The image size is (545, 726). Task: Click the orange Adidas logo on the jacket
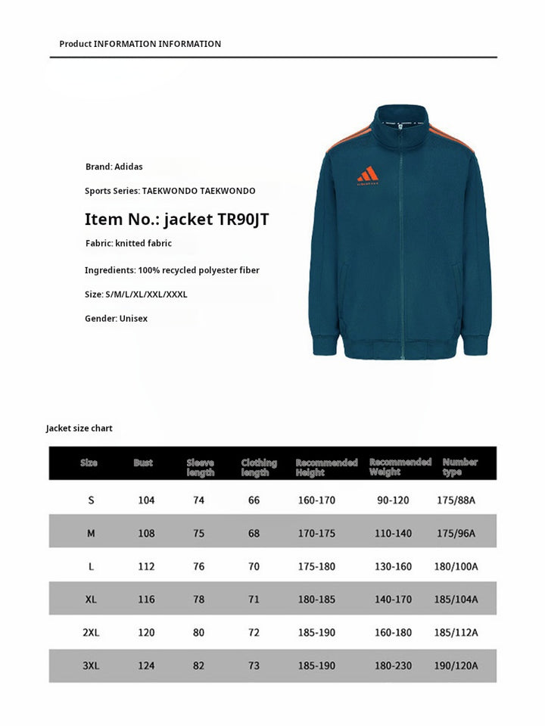[367, 174]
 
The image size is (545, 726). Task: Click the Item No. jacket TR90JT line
[176, 220]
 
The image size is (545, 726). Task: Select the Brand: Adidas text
[114, 167]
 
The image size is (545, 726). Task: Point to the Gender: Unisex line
[116, 319]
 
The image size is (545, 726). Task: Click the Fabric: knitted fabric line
[129, 244]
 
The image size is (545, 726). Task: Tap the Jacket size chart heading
[79, 428]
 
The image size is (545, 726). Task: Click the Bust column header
[143, 463]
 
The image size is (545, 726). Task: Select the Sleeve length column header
[201, 467]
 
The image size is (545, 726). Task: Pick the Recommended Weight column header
[400, 467]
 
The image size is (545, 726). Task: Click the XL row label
[91, 600]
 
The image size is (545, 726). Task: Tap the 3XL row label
[91, 666]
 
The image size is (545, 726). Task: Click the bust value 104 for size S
[146, 500]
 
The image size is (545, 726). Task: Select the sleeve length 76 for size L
[198, 567]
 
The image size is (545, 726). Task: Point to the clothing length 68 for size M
[254, 534]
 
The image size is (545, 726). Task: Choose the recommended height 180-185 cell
[316, 600]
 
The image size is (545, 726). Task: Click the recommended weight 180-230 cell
[394, 666]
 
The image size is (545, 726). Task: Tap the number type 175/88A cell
[456, 500]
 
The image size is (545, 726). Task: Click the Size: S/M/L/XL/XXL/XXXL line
[136, 294]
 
